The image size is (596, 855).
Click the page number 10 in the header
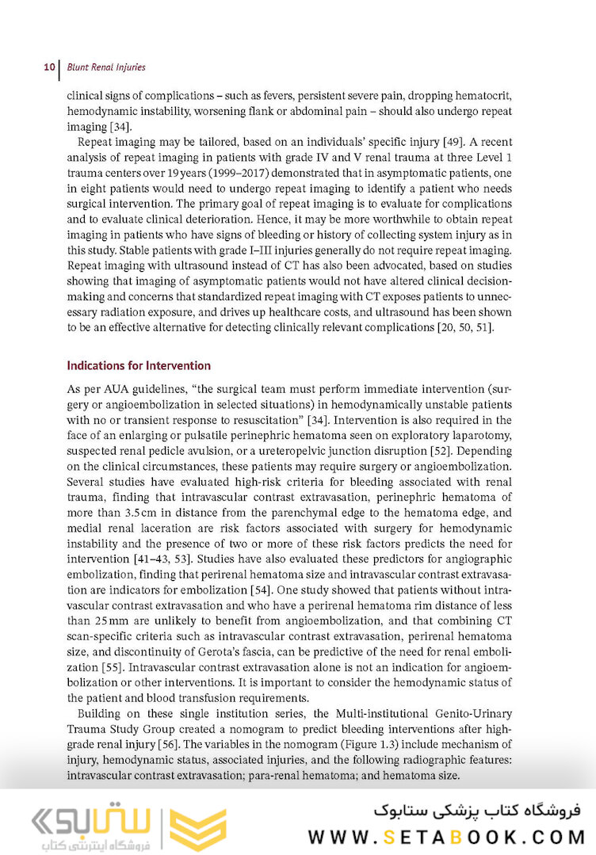point(48,67)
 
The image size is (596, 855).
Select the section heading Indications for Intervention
point(139,366)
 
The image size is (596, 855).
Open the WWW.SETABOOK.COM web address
point(445,836)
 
